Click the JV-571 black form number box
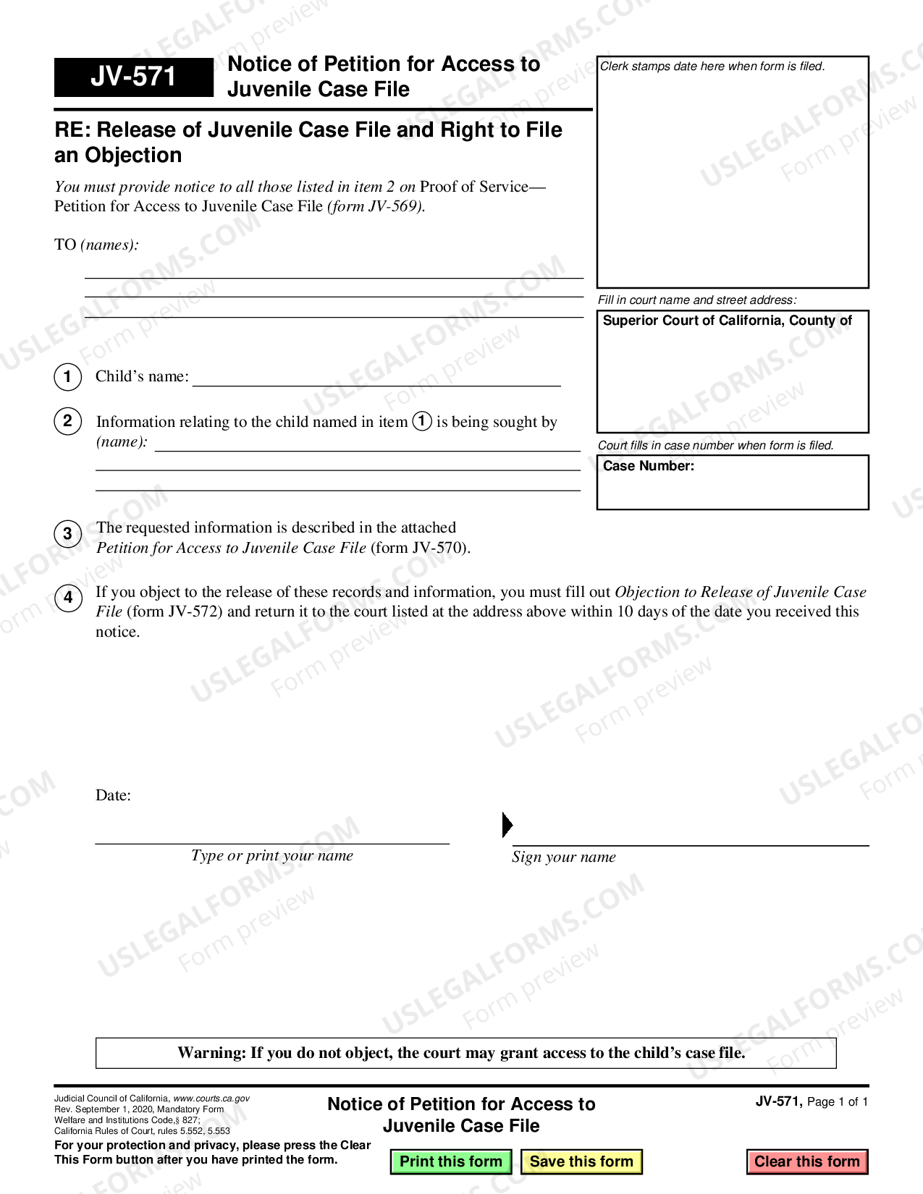coord(134,77)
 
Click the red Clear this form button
coord(806,1161)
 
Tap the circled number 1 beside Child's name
coord(67,376)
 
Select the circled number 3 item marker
coord(67,534)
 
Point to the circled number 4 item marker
coord(67,598)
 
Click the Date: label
coord(113,795)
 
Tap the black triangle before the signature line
coord(507,825)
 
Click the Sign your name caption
coord(563,858)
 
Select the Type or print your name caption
coord(271,856)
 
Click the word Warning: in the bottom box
coord(211,1053)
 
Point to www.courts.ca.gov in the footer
coord(211,1098)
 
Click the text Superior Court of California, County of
coord(727,321)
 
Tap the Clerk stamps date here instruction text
coord(712,67)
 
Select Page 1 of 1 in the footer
coord(837,1102)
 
